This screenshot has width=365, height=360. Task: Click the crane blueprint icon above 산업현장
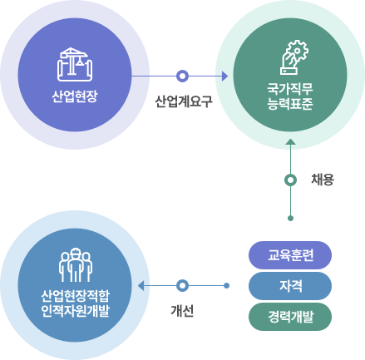pyautogui.click(x=75, y=64)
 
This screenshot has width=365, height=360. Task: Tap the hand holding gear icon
pyautogui.click(x=294, y=57)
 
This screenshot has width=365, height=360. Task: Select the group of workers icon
pyautogui.click(x=75, y=265)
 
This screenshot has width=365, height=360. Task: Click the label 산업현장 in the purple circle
pyautogui.click(x=75, y=96)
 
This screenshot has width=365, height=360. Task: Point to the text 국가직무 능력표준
pyautogui.click(x=290, y=96)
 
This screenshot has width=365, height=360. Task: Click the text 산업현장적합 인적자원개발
pyautogui.click(x=75, y=303)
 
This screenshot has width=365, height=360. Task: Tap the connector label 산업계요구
pyautogui.click(x=184, y=101)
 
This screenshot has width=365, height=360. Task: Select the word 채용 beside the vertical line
pyautogui.click(x=323, y=180)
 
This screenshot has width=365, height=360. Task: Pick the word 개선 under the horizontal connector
pyautogui.click(x=182, y=311)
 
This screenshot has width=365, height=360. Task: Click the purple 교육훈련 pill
pyautogui.click(x=290, y=255)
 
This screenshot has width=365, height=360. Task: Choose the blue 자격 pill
pyautogui.click(x=290, y=286)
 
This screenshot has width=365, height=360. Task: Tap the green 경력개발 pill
pyautogui.click(x=290, y=317)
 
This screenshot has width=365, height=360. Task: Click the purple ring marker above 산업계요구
pyautogui.click(x=182, y=76)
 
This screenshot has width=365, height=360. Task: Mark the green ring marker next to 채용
pyautogui.click(x=290, y=180)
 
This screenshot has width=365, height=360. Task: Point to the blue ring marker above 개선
pyautogui.click(x=182, y=285)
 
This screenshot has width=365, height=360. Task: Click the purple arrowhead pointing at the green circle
pyautogui.click(x=224, y=76)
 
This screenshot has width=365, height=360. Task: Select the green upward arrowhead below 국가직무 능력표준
pyautogui.click(x=290, y=141)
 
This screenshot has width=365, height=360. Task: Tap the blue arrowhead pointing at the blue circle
pyautogui.click(x=141, y=285)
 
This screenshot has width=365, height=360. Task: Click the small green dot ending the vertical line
pyautogui.click(x=290, y=219)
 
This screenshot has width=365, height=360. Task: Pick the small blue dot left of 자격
pyautogui.click(x=226, y=285)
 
